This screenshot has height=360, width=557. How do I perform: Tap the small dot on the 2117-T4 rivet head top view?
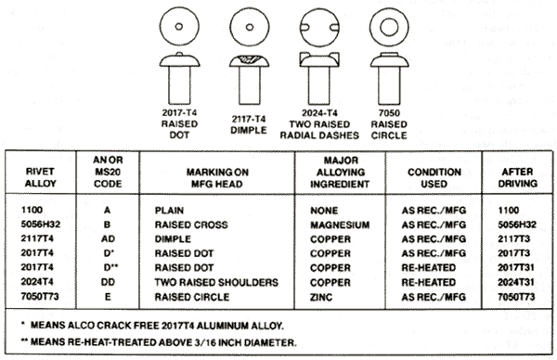tap(250, 27)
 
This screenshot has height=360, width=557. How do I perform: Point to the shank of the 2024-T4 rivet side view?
tap(319, 85)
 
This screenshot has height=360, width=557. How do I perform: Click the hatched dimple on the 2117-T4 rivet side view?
tap(249, 59)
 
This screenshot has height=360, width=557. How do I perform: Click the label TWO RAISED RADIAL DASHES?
tap(319, 130)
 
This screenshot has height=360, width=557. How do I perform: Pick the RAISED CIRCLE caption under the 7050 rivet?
tap(389, 130)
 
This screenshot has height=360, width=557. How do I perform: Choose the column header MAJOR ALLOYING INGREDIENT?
tap(341, 173)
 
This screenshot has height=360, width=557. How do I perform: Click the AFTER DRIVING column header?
tap(517, 178)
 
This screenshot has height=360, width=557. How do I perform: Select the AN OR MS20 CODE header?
tap(108, 172)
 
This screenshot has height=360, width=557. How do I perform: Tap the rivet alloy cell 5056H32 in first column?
tap(40, 225)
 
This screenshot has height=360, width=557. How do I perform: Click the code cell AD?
tap(108, 239)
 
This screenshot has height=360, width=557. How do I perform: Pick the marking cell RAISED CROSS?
tap(191, 225)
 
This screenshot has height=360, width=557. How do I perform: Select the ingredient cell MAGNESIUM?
tap(340, 225)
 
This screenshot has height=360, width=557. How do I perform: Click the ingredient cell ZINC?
tap(321, 297)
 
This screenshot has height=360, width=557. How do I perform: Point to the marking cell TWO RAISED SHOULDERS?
tap(216, 282)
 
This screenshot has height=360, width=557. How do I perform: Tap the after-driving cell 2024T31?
tap(516, 282)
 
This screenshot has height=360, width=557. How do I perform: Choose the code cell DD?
tap(108, 282)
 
